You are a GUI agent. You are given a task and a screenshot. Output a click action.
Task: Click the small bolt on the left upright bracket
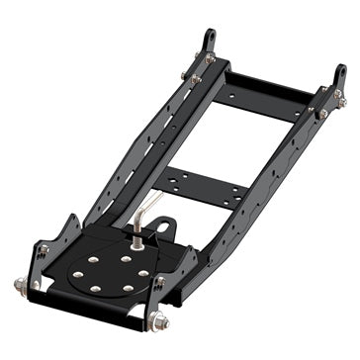[42, 250]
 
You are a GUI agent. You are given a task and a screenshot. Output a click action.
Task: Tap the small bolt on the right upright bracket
[158, 282]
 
